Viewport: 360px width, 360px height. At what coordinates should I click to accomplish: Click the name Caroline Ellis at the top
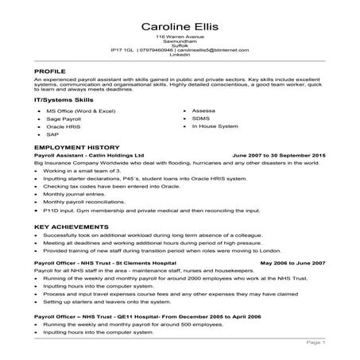(x=180, y=21)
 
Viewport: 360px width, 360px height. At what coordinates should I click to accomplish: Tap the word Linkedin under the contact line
(x=180, y=54)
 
